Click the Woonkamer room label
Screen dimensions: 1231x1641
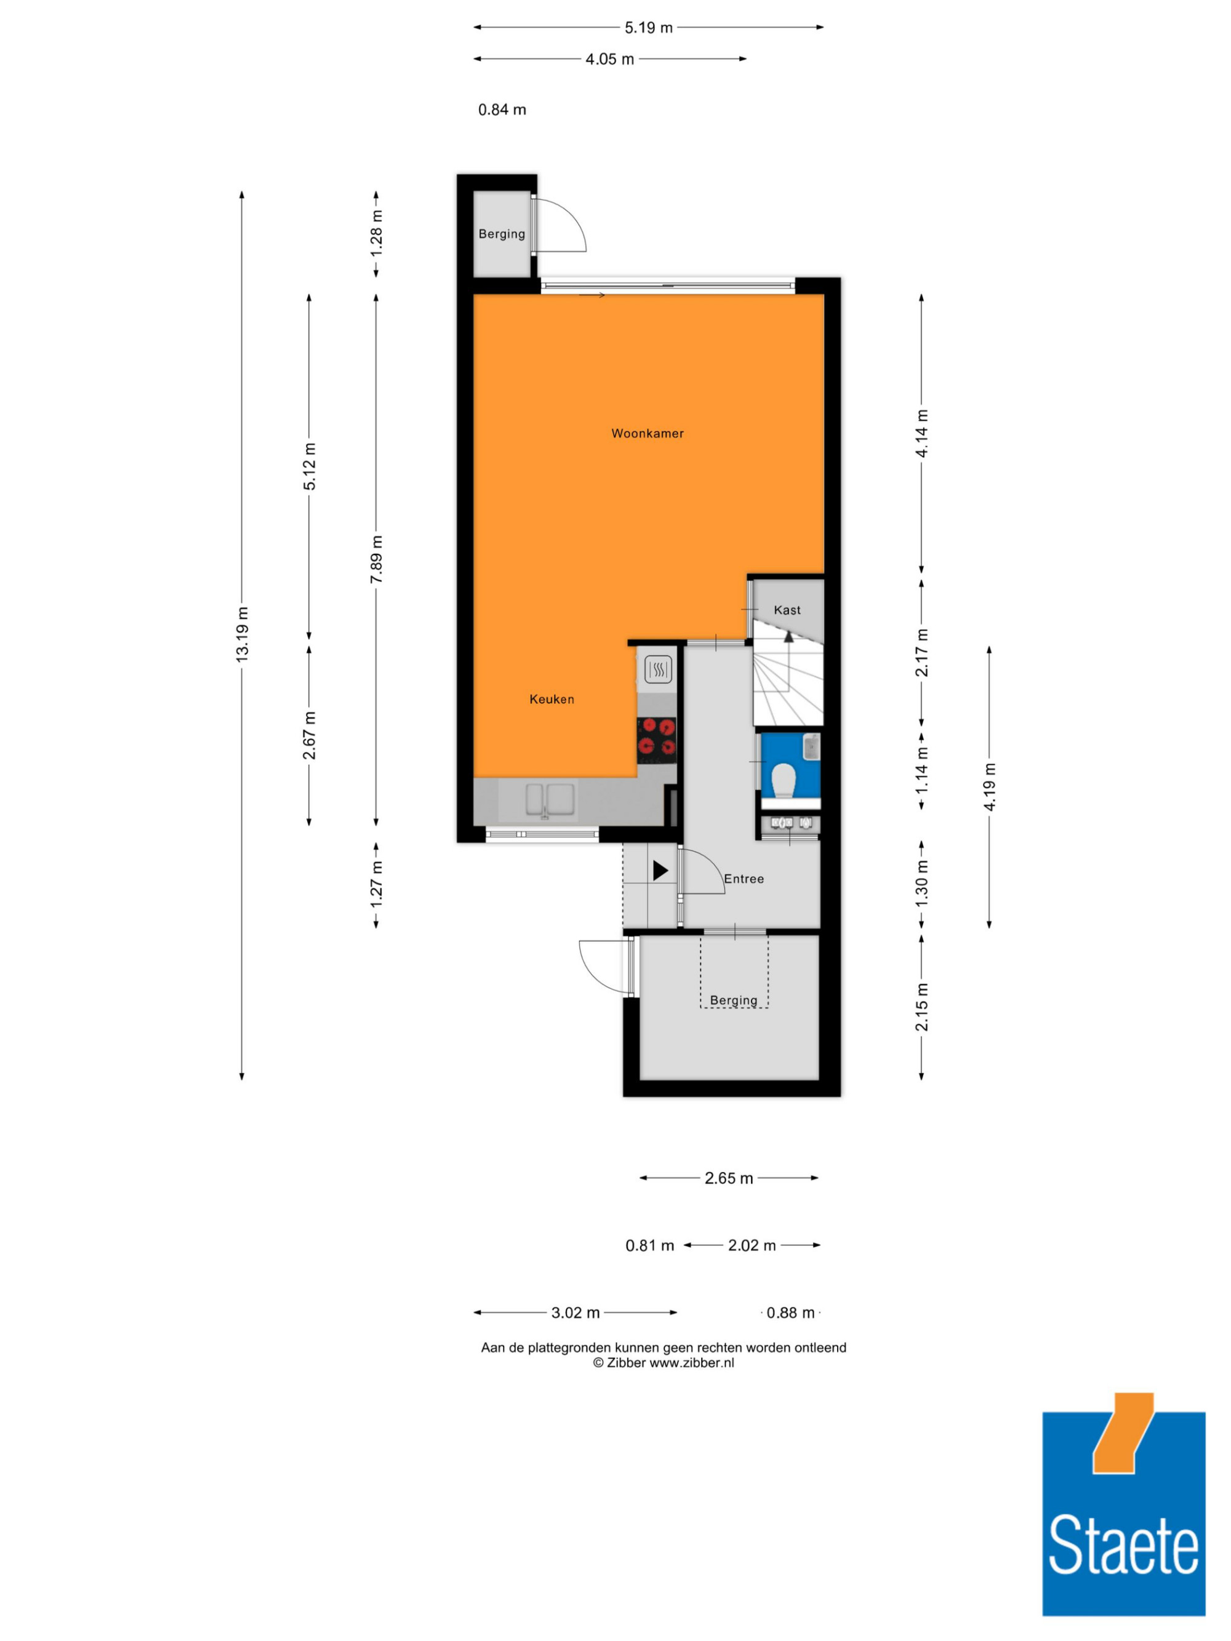(x=647, y=433)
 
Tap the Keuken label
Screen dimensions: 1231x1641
(x=551, y=699)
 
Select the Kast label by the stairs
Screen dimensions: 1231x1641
(x=787, y=610)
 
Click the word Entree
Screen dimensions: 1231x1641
(x=744, y=879)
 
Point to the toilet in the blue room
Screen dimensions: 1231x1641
(x=784, y=780)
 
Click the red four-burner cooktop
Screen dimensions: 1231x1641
(x=657, y=740)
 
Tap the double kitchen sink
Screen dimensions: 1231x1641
(x=550, y=801)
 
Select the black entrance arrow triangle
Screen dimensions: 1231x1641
(x=660, y=870)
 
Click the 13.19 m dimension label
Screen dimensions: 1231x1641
(x=242, y=634)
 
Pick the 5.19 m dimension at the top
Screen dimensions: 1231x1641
(x=649, y=28)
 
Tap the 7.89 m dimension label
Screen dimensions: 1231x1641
(x=376, y=559)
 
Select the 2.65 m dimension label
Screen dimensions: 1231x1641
(x=729, y=1178)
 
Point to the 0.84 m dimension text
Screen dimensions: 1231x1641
(x=502, y=110)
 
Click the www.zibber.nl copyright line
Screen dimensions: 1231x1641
(x=664, y=1362)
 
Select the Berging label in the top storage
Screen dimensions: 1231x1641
(x=502, y=234)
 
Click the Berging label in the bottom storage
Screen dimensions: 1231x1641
(x=733, y=1000)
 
